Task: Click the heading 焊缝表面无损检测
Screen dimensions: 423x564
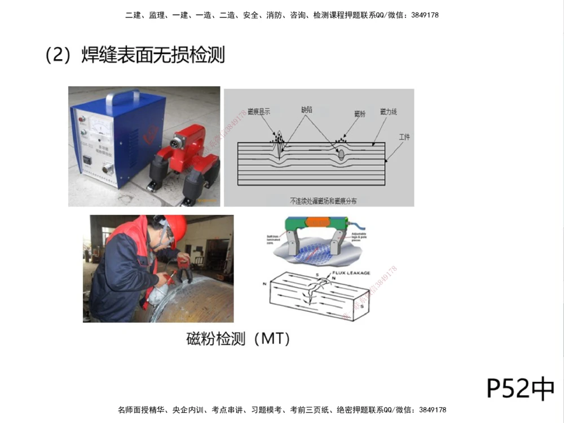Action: [153, 55]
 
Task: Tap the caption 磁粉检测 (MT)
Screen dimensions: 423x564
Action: [238, 338]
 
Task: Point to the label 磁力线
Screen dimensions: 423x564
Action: [389, 112]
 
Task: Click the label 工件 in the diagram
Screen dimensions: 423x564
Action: [404, 137]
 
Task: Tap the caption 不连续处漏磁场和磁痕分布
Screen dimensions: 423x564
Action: [323, 200]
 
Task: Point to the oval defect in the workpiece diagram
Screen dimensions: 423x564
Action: [341, 153]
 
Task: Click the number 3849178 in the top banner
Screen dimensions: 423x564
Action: [421, 15]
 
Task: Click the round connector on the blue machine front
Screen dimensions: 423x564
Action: [105, 169]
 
